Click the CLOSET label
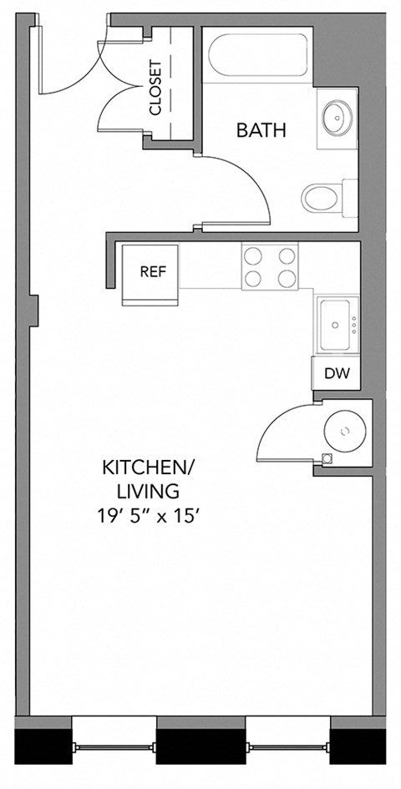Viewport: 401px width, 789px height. pos(156,87)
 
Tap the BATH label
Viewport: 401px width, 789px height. pos(261,130)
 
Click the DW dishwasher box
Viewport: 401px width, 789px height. pos(337,373)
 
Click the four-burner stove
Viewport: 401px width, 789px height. pos(269,266)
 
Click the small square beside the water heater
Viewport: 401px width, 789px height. pos(327,458)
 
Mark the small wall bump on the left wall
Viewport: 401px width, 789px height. pos(34,308)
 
